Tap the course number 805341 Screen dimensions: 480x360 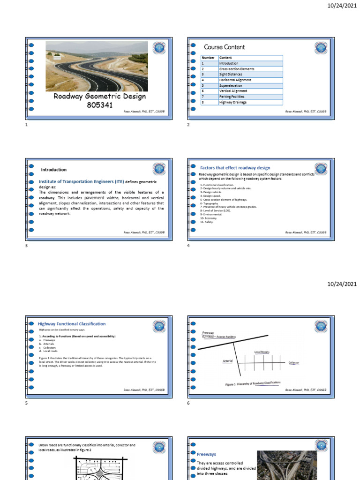pos(100,105)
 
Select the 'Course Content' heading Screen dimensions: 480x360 pos(224,47)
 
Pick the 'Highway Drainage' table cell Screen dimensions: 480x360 pos(232,102)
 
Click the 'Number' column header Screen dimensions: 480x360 pos(208,58)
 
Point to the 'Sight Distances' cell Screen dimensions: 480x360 pos(232,75)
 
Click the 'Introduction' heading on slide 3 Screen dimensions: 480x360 pos(53,170)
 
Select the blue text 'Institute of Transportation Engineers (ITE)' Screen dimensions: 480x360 pos(81,181)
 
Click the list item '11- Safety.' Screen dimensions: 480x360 pos(206,222)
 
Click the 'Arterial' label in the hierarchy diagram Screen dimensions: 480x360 pos(227,361)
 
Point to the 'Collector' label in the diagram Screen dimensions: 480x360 pos(293,363)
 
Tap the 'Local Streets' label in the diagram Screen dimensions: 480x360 pos(262,352)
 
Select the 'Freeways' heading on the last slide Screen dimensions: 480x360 pos(206,454)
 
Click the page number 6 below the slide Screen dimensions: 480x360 pos(188,403)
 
